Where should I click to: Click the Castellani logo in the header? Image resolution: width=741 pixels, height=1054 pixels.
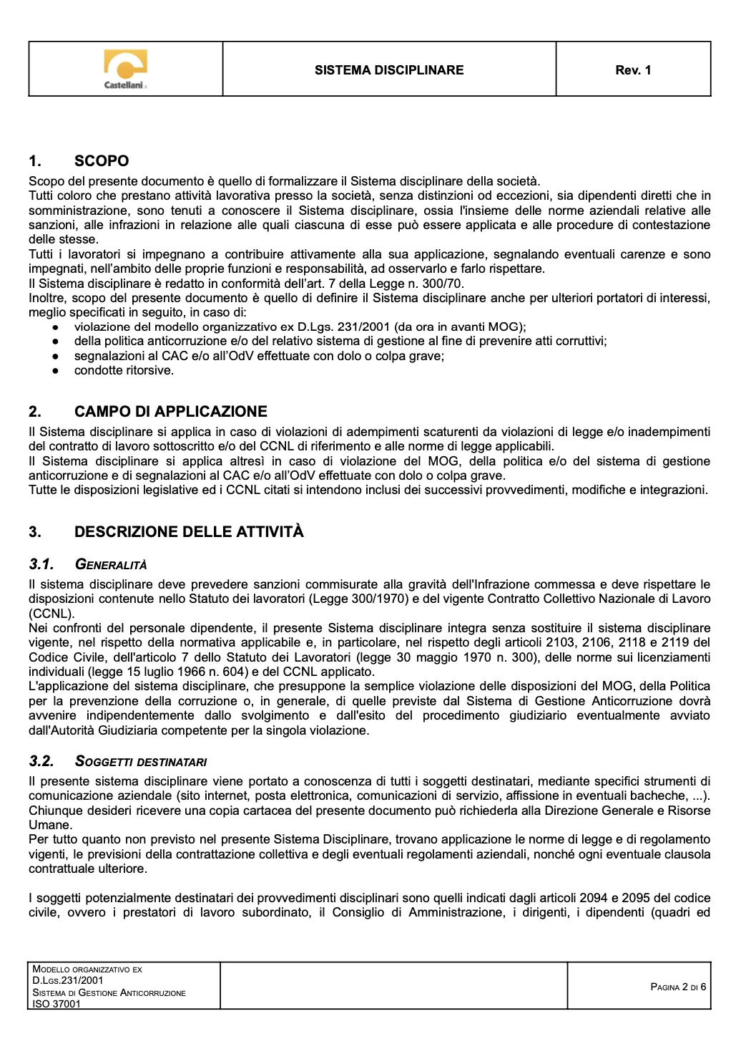(x=126, y=69)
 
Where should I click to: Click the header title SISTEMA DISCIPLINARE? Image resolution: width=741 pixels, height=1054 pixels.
(x=389, y=70)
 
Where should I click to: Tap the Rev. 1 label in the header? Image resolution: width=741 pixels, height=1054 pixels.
(x=633, y=70)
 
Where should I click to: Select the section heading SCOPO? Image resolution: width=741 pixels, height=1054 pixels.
(x=102, y=161)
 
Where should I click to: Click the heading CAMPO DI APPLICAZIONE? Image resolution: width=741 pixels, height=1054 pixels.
(x=170, y=412)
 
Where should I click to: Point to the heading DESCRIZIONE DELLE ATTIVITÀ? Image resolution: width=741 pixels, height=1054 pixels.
(x=189, y=531)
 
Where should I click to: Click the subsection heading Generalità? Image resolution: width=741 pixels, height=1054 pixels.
(x=111, y=565)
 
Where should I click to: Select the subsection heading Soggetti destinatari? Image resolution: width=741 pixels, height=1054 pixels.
(x=141, y=762)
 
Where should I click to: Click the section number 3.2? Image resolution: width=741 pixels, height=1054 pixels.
(x=41, y=761)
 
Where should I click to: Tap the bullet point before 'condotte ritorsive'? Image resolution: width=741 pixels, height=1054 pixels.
(x=55, y=371)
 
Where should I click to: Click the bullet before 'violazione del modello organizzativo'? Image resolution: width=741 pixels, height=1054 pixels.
(x=55, y=327)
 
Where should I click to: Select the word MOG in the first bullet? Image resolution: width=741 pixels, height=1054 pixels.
(x=506, y=327)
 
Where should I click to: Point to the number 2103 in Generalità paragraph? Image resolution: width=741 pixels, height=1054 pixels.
(x=560, y=642)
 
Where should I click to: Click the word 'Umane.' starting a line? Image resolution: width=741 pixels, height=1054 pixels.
(x=49, y=825)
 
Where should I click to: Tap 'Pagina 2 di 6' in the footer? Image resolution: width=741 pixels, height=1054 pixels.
(x=678, y=987)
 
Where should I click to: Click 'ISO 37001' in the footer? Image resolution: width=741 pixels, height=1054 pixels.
(x=57, y=1004)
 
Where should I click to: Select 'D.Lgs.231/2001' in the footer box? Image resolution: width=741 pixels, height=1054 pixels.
(x=68, y=980)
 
